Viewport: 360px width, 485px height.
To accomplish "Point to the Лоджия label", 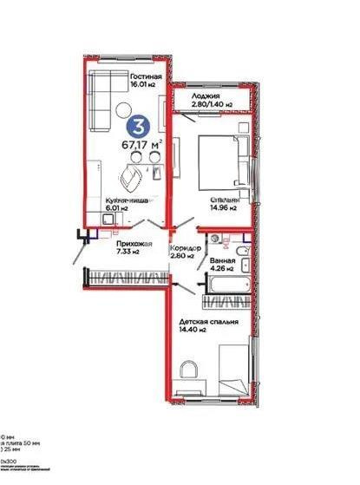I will coord(206,95).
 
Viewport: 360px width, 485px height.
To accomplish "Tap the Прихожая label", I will coord(134,244).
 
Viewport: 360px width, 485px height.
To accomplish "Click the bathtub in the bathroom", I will coord(226,280).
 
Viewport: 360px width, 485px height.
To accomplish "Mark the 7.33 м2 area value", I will coord(129,252).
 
